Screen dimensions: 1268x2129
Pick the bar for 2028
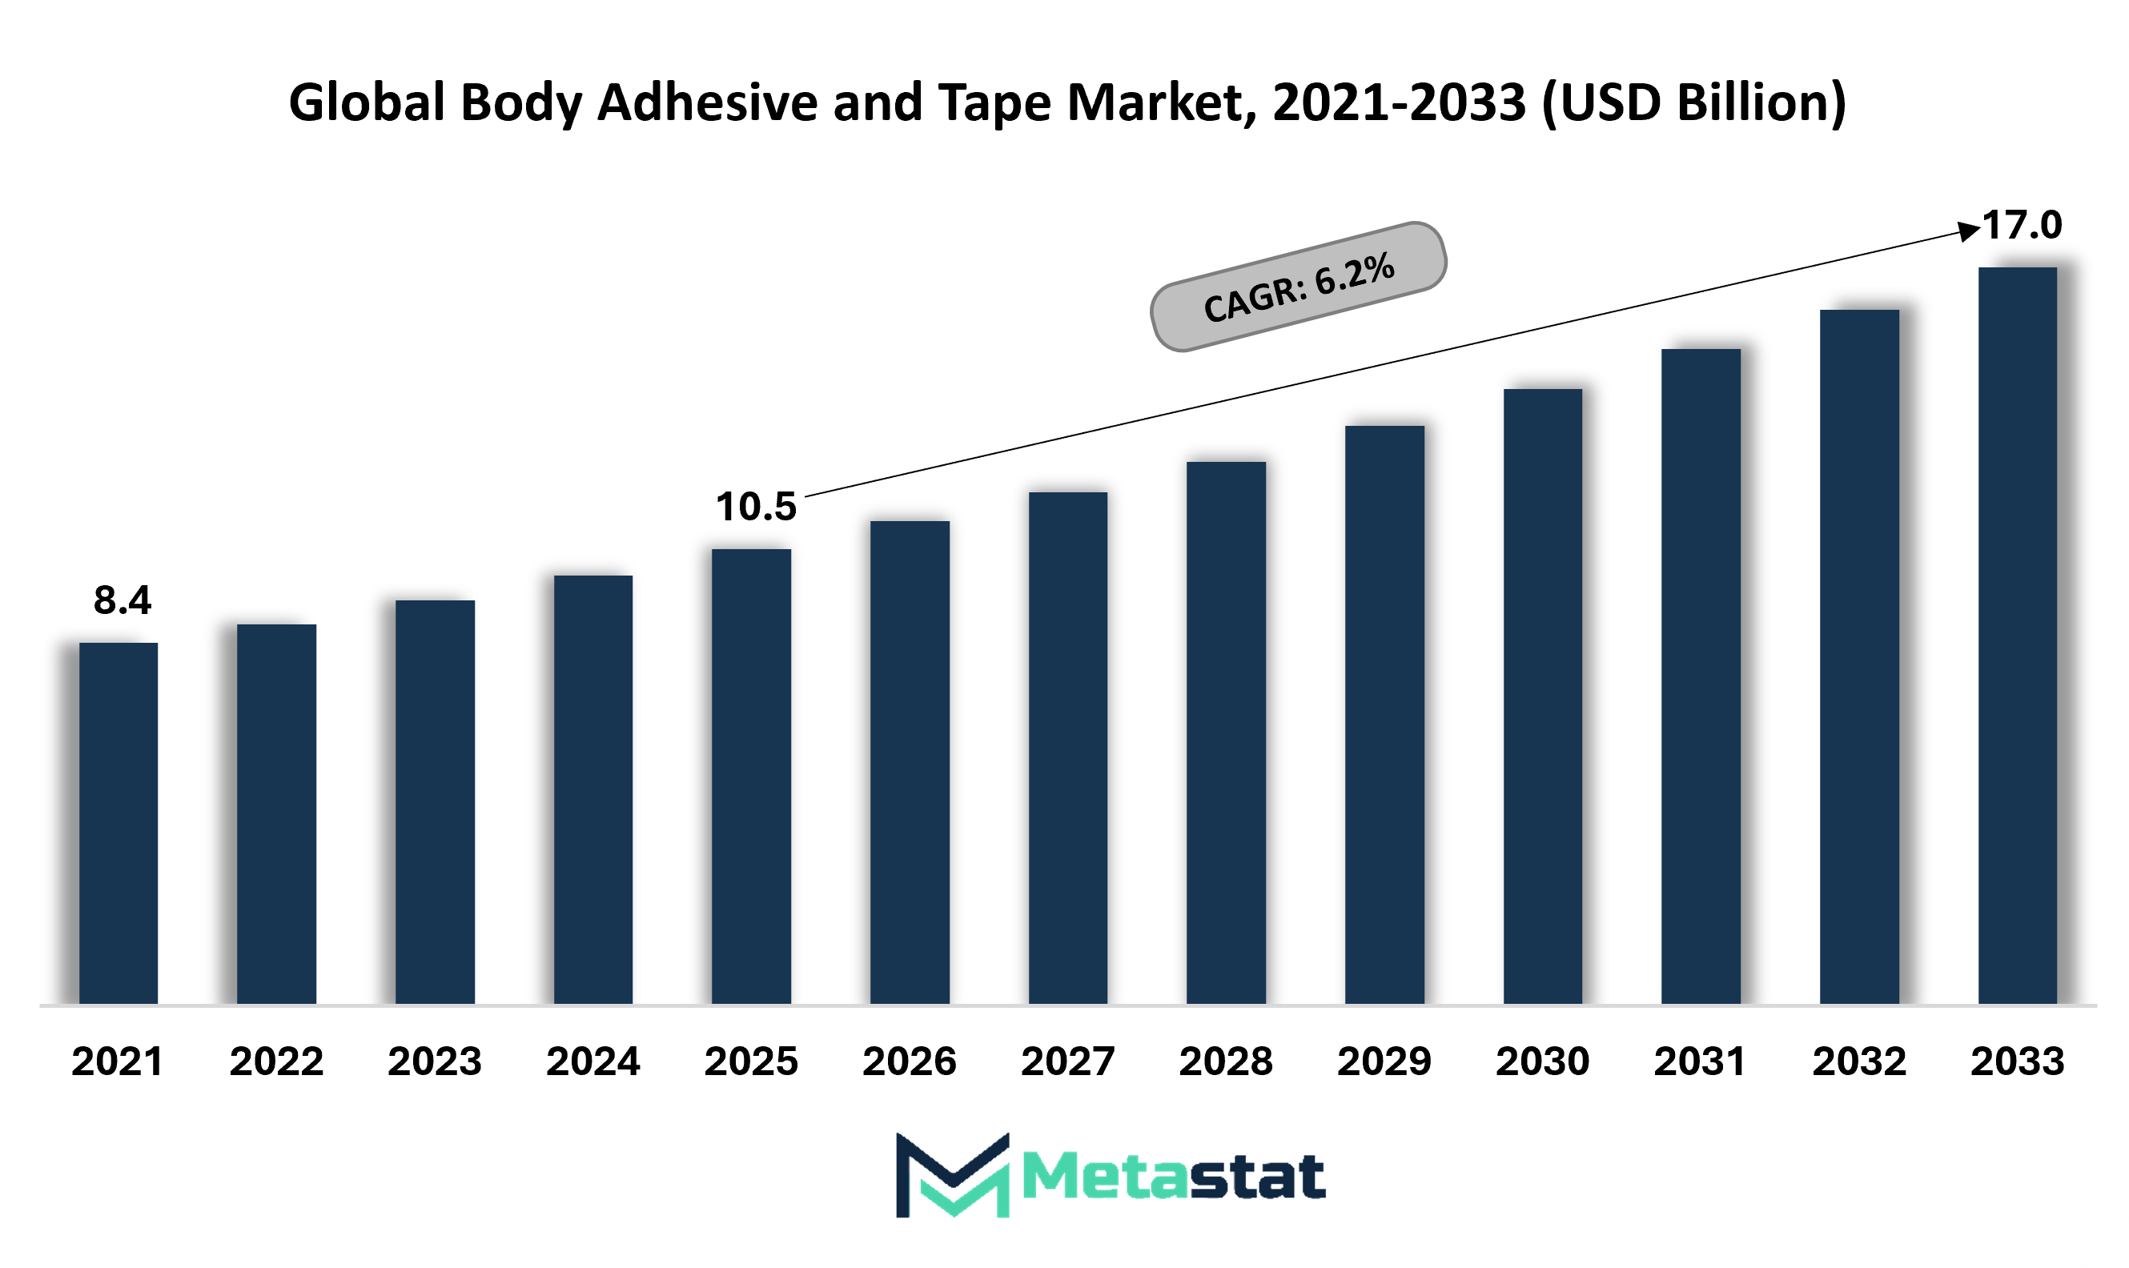click(1226, 732)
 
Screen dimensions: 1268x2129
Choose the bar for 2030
click(1543, 696)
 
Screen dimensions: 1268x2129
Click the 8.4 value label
click(123, 600)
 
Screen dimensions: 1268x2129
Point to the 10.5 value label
click(756, 507)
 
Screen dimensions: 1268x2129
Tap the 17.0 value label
click(2022, 226)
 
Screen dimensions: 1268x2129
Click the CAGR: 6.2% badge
click(1298, 287)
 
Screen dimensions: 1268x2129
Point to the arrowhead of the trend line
click(1968, 230)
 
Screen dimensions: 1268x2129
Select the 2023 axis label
click(434, 1062)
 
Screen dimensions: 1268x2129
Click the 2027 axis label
click(1067, 1062)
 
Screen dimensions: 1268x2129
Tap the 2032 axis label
click(1859, 1062)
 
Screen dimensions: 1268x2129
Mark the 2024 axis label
click(593, 1062)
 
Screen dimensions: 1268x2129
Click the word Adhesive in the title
click(708, 102)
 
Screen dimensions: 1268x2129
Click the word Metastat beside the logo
click(1173, 1177)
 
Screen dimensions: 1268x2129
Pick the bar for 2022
click(276, 813)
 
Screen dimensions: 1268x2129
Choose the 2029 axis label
click(1384, 1062)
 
